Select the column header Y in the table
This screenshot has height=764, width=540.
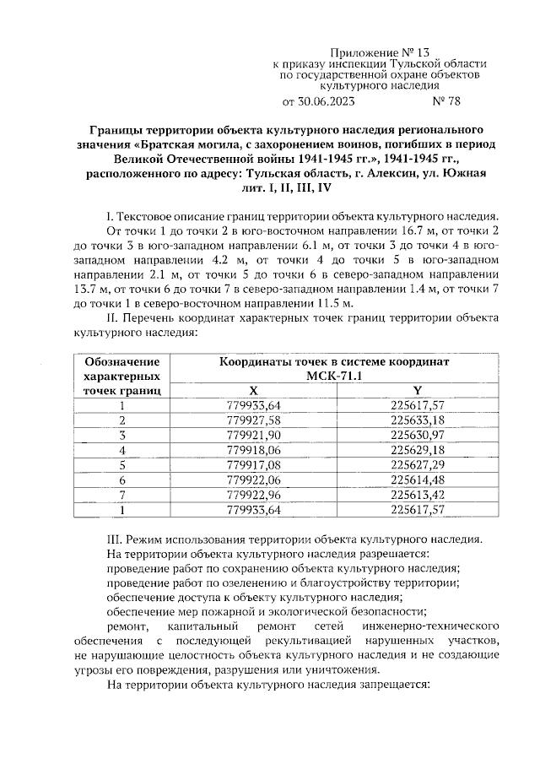pyautogui.click(x=418, y=390)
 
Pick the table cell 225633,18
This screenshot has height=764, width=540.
pyautogui.click(x=418, y=420)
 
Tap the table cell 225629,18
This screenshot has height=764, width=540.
pyautogui.click(x=418, y=450)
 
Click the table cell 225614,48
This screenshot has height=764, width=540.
pyautogui.click(x=418, y=480)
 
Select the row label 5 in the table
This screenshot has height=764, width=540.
pyautogui.click(x=122, y=464)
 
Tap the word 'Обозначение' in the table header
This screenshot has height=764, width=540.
pyautogui.click(x=122, y=361)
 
